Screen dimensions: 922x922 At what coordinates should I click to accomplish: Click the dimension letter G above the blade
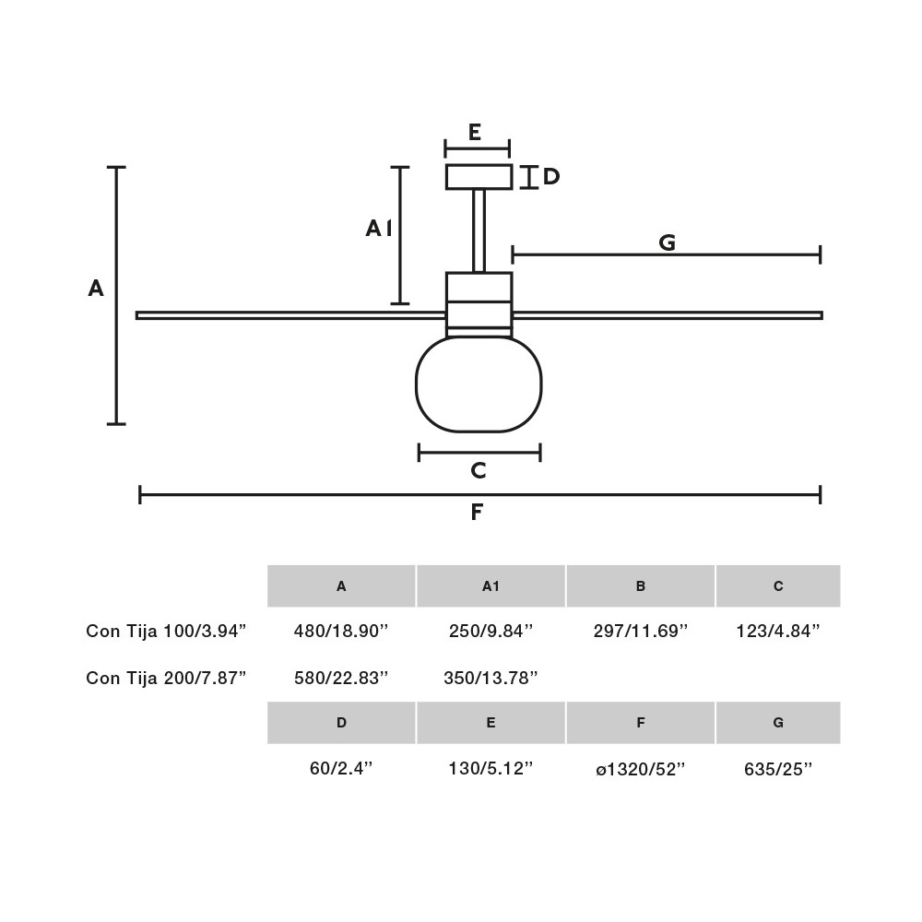[x=667, y=242]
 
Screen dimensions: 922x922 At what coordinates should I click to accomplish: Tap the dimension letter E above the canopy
[x=475, y=132]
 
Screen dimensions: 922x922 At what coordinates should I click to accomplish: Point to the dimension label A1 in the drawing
[x=379, y=228]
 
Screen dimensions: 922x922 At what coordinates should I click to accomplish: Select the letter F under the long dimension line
[x=477, y=512]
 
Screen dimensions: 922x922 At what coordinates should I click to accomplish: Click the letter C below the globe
[x=479, y=470]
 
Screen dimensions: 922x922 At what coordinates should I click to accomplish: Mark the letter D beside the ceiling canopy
[x=551, y=176]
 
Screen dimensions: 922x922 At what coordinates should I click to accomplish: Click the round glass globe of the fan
[x=479, y=384]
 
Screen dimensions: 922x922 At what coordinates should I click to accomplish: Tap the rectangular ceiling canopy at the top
[x=479, y=177]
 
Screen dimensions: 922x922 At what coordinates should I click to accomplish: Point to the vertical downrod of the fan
[x=479, y=231]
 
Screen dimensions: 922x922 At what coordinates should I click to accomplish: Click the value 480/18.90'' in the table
[x=341, y=631]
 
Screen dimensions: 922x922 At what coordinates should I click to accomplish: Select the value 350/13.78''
[x=491, y=678]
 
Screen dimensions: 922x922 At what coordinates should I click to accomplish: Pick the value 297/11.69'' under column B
[x=641, y=631]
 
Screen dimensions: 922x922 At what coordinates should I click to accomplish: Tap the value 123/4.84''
[x=778, y=631]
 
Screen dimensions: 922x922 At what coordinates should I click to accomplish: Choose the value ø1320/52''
[x=641, y=769]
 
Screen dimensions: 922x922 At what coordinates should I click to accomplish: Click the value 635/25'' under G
[x=778, y=769]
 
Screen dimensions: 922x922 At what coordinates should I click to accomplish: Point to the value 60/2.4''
[x=341, y=769]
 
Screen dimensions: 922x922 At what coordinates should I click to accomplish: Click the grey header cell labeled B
[x=641, y=585]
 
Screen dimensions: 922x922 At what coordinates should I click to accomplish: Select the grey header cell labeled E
[x=491, y=723]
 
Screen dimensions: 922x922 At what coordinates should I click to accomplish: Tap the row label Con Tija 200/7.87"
[x=166, y=678]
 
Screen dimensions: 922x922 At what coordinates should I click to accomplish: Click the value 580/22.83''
[x=341, y=678]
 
